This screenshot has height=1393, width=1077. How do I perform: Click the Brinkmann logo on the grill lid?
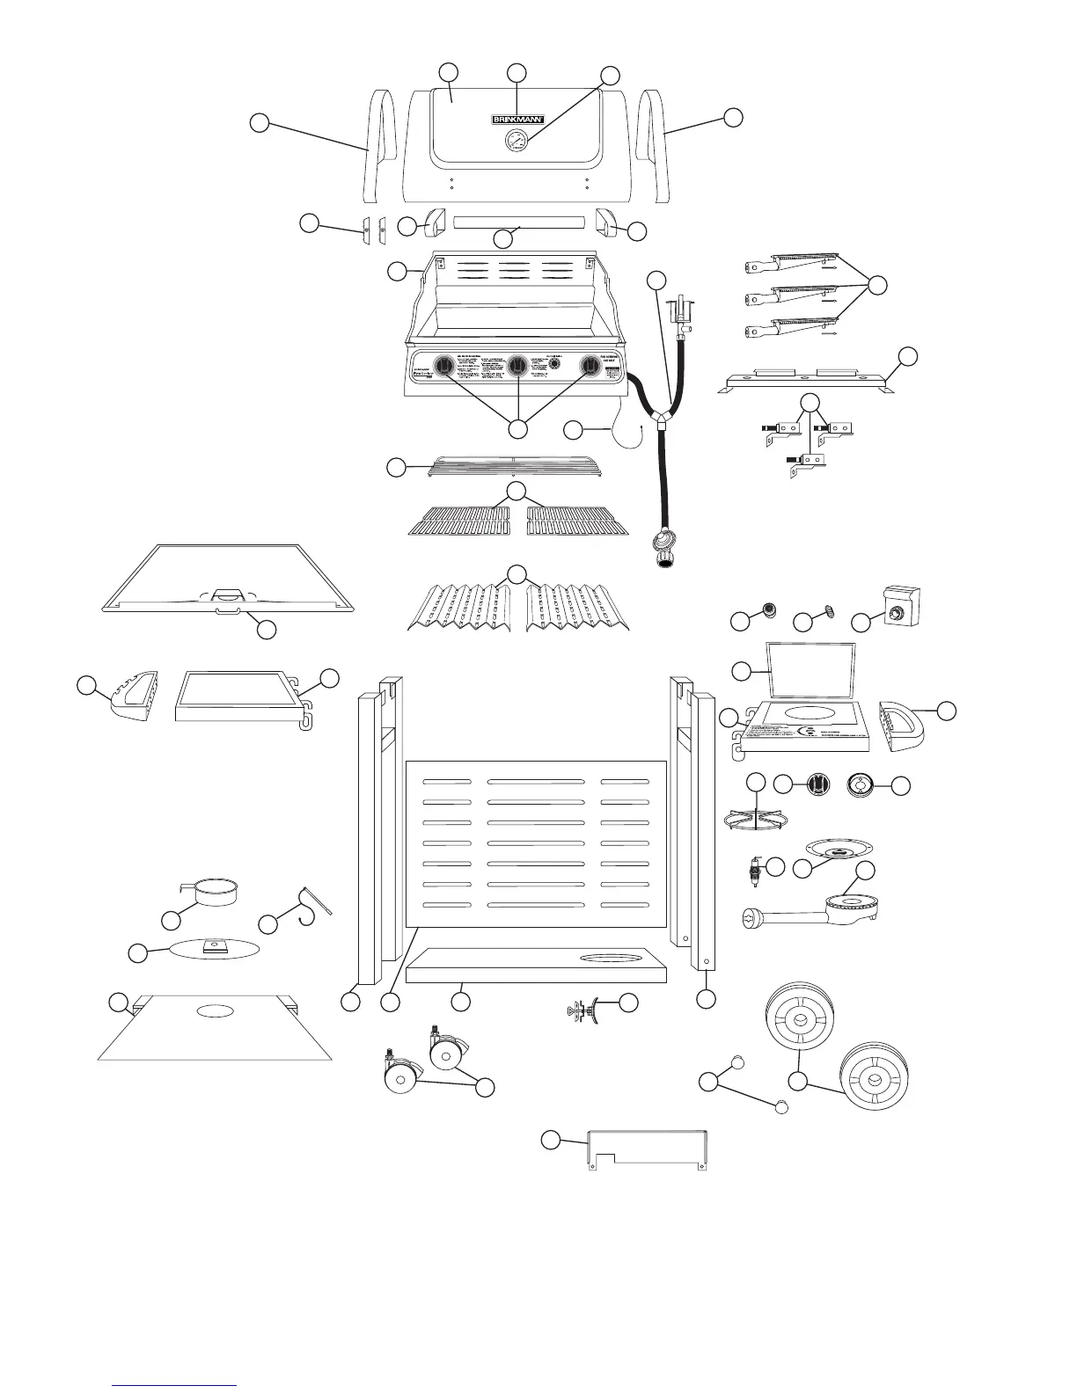coord(517,119)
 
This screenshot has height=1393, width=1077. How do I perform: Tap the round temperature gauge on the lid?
coord(517,141)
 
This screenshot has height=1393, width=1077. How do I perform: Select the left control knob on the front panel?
coord(446,364)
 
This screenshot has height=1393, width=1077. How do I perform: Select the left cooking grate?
coord(465,521)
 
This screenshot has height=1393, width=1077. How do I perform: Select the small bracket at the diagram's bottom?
coord(646,1149)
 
